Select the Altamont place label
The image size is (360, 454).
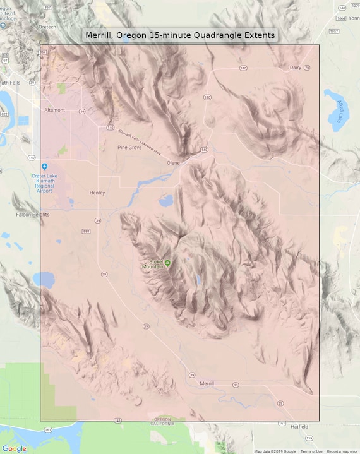pos(54,110)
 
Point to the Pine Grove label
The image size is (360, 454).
pos(129,147)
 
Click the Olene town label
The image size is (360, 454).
pos(173,162)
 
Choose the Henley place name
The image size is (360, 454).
pos(97,193)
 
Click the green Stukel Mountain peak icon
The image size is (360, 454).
pos(167,262)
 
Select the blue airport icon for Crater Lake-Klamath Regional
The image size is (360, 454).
pos(44,166)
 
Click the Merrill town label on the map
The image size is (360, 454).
pos(207,383)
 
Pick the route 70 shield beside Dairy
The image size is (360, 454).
pos(307,67)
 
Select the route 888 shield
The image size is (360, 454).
pos(86,232)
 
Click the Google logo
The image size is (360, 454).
pos(14,448)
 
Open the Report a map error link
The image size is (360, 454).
pos(342,451)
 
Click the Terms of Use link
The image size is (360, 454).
pos(311,451)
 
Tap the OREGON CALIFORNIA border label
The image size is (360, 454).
pos(162,421)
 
